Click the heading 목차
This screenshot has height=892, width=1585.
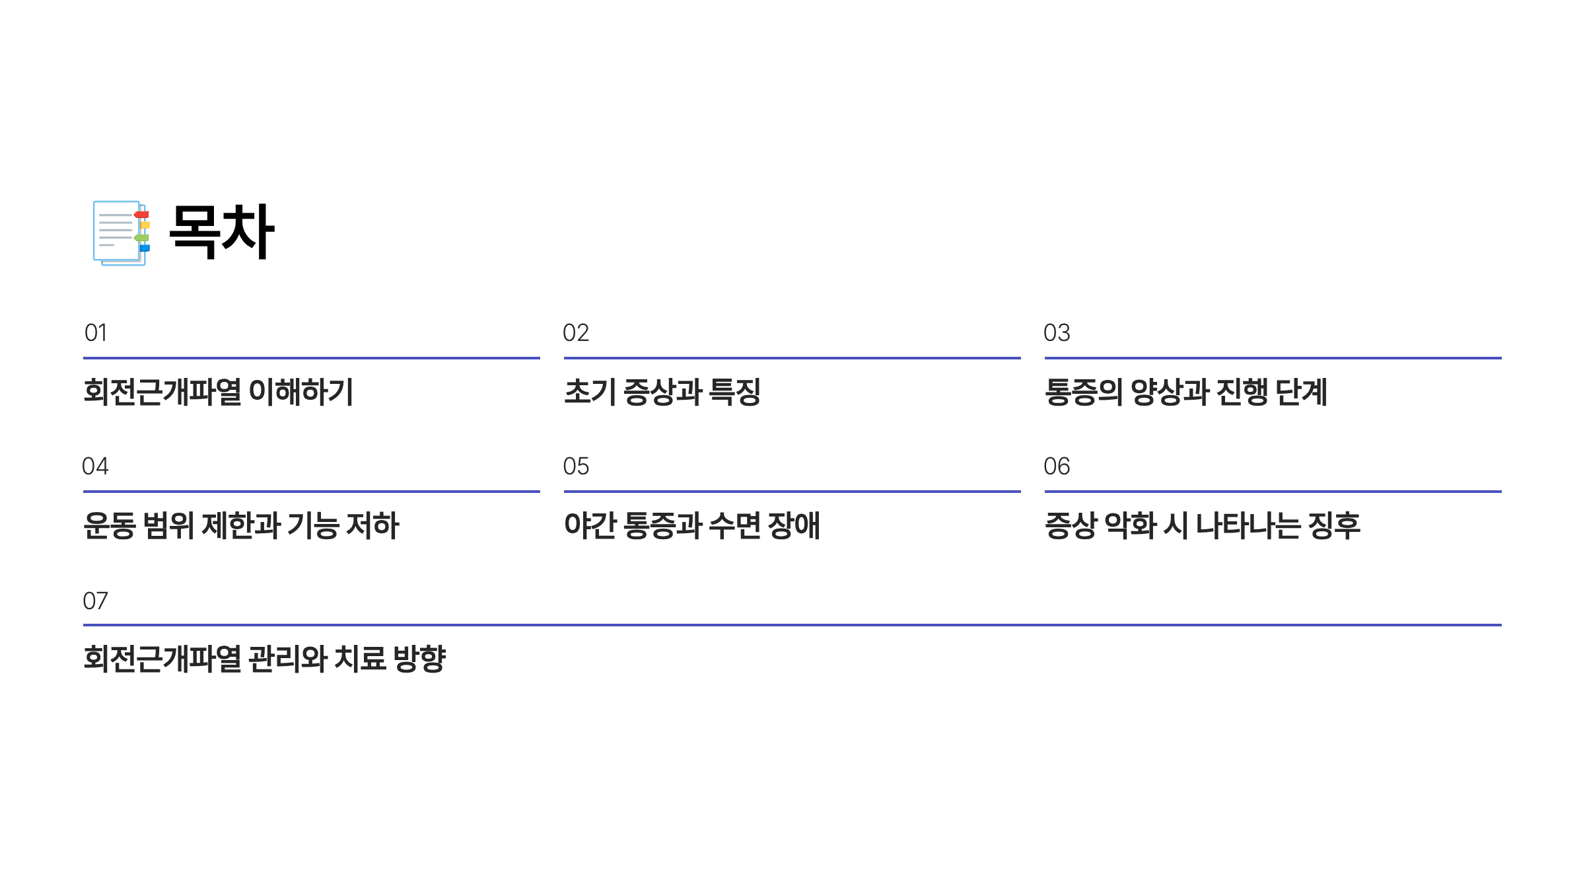coord(221,232)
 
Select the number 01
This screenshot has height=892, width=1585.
coord(96,333)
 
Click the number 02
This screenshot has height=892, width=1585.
coord(576,333)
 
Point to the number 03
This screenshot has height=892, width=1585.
coord(1057,333)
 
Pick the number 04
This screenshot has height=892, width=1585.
coord(95,466)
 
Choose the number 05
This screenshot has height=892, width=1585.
coord(576,466)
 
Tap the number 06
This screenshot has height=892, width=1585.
coord(1057,466)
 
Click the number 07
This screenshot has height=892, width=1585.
coord(95,601)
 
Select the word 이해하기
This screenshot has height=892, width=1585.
coord(301,392)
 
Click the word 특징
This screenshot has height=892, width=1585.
coord(734,392)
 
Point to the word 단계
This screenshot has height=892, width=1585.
coord(1301,392)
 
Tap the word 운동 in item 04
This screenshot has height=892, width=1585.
coord(110,526)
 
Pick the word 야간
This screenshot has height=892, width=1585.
coord(590,526)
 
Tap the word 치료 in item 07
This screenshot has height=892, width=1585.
coord(360,659)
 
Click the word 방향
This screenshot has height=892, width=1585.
coord(419,659)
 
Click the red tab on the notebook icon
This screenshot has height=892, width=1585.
coord(141,215)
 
